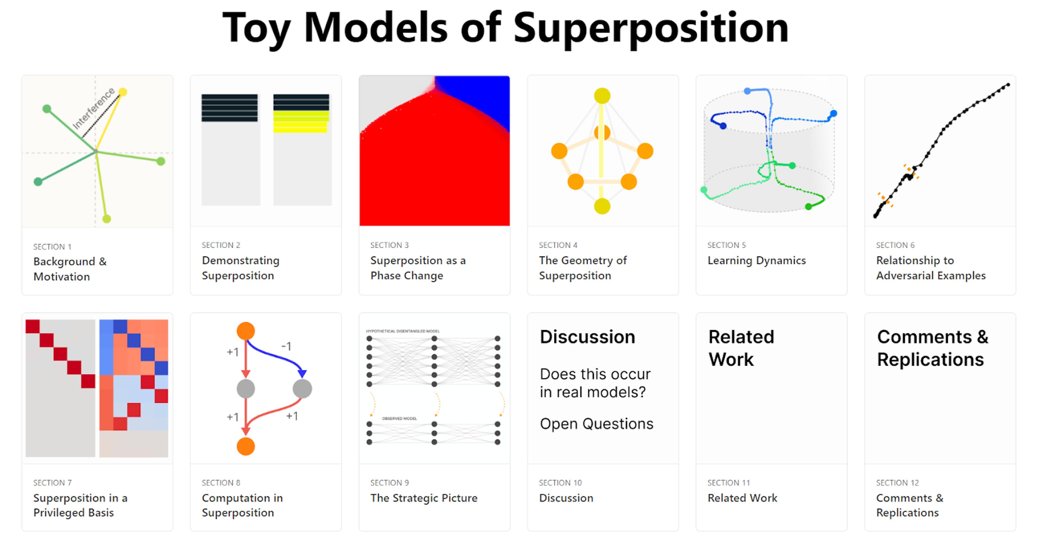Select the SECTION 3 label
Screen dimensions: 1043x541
pyautogui.click(x=389, y=245)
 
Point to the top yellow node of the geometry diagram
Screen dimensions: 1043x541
pyautogui.click(x=602, y=96)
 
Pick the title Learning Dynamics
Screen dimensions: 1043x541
pyautogui.click(x=756, y=260)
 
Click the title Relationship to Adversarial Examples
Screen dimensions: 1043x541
pyautogui.click(x=931, y=268)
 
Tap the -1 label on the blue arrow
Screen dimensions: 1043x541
pyautogui.click(x=286, y=346)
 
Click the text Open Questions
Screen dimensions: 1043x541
pyautogui.click(x=596, y=424)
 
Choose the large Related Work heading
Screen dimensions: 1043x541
pyautogui.click(x=741, y=348)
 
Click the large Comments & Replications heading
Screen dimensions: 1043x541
pyautogui.click(x=932, y=348)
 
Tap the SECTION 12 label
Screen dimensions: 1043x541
pyautogui.click(x=897, y=483)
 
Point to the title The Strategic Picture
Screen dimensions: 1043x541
pyautogui.click(x=423, y=498)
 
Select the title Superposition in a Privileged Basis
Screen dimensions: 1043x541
pyautogui.click(x=80, y=505)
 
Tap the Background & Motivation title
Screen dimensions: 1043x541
pyautogui.click(x=70, y=269)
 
